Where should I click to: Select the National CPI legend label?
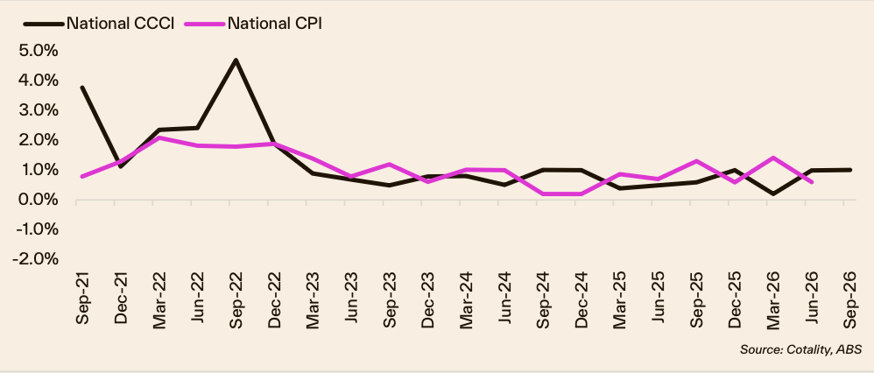pos(275,24)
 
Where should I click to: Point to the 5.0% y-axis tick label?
pos(39,51)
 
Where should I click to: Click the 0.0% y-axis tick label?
pos(39,200)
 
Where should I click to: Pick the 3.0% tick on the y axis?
pos(39,110)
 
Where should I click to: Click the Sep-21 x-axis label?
pos(82,298)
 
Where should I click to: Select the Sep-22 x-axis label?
pos(236,298)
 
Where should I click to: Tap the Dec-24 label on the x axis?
pos(581,298)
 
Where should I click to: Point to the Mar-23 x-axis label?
pos(313,298)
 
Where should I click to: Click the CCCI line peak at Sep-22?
pos(236,60)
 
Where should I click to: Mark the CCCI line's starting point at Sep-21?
pos(82,88)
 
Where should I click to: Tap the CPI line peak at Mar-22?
pos(159,137)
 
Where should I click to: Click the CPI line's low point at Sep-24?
pos(543,194)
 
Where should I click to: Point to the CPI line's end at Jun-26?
pos(812,182)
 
